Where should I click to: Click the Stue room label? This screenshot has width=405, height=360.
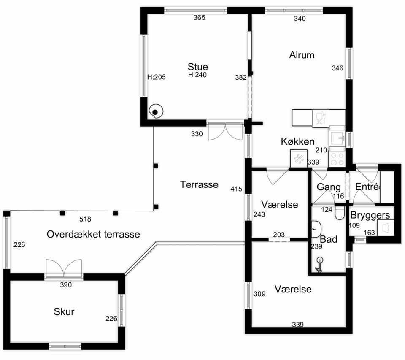[x=197, y=67]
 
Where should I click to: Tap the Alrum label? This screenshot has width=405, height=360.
[x=302, y=55]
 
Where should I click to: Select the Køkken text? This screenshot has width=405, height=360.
[x=297, y=142]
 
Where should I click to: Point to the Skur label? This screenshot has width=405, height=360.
[x=64, y=311]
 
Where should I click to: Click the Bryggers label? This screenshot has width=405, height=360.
[x=370, y=215]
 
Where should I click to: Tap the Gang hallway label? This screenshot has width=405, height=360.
[x=329, y=187]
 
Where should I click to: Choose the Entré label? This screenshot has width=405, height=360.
[x=367, y=187]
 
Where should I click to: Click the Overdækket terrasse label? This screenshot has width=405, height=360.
[x=93, y=234]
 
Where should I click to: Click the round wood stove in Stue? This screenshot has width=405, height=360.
[x=156, y=111]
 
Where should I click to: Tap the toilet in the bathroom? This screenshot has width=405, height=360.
[x=339, y=213]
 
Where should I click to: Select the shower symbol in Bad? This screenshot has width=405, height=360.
[x=319, y=265]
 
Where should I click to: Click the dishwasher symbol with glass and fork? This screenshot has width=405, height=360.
[x=321, y=118]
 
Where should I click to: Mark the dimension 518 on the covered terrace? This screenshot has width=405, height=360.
[x=85, y=219]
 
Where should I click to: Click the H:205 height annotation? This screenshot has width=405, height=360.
[x=157, y=77]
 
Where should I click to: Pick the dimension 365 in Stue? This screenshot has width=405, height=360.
[x=200, y=18]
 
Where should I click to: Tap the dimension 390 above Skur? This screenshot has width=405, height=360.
[x=66, y=285]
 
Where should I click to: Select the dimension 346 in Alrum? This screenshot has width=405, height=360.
[x=337, y=68]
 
